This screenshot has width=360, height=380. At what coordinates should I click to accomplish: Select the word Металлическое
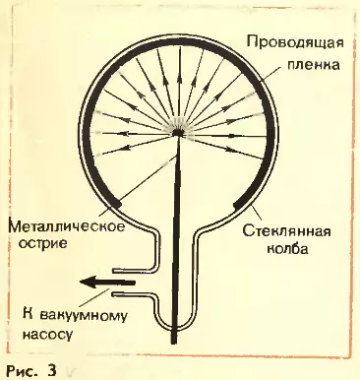64,228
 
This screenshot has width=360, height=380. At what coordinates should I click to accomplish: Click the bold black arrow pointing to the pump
98,283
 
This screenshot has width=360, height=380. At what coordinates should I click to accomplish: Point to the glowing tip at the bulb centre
179,130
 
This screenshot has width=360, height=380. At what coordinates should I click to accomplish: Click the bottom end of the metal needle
173,341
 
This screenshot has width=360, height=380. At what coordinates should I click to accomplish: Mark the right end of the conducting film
238,204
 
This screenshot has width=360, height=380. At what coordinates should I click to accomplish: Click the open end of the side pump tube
115,283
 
